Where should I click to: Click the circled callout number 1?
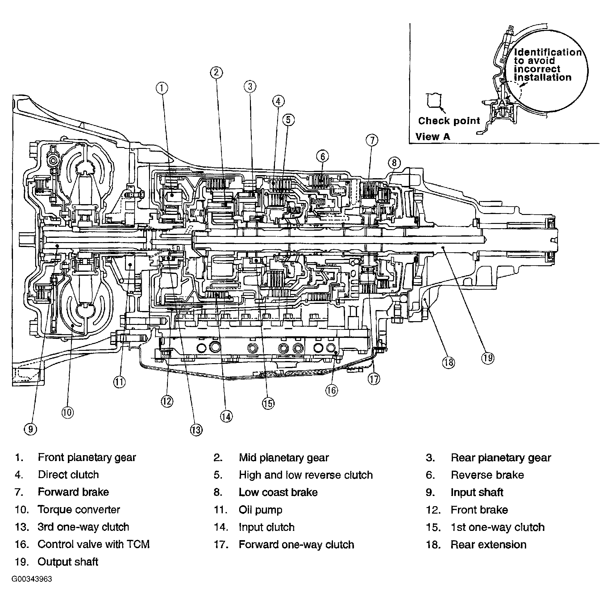pyautogui.click(x=162, y=88)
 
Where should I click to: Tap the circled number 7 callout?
pyautogui.click(x=372, y=140)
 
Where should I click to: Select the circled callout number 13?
pyautogui.click(x=196, y=430)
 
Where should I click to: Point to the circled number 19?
pyautogui.click(x=487, y=358)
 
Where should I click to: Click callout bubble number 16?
pyautogui.click(x=331, y=390)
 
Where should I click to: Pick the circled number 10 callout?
pyautogui.click(x=67, y=412)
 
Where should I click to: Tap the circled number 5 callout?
pyautogui.click(x=288, y=120)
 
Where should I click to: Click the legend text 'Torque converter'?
pyautogui.click(x=79, y=510)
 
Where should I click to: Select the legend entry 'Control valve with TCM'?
pyautogui.click(x=93, y=544)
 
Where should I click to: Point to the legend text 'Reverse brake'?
pyautogui.click(x=487, y=475)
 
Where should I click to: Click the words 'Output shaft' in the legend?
pyautogui.click(x=68, y=562)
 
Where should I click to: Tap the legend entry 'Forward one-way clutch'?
pyautogui.click(x=296, y=544)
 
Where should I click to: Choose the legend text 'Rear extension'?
pyautogui.click(x=488, y=544)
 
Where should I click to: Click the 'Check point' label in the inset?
pyautogui.click(x=449, y=121)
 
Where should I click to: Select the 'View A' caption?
pyautogui.click(x=432, y=137)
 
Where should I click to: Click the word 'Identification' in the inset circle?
pyautogui.click(x=547, y=52)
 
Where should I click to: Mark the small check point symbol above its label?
pyautogui.click(x=433, y=100)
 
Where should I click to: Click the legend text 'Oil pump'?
pyautogui.click(x=260, y=510)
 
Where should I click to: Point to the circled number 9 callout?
pyautogui.click(x=30, y=429)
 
